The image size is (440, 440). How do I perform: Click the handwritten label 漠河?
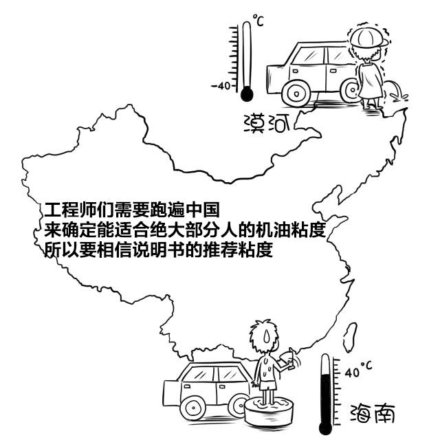tap(267, 124)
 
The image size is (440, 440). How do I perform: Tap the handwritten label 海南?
tap(373, 413)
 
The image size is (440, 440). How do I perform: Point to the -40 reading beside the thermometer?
tap(221, 85)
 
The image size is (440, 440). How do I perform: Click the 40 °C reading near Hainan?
tap(358, 370)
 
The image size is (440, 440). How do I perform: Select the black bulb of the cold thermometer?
tap(247, 93)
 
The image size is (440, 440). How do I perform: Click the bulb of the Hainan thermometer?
tap(325, 428)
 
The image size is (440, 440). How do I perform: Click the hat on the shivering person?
tap(368, 37)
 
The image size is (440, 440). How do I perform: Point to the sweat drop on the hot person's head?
tap(266, 335)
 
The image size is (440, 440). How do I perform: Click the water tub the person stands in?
tap(269, 410)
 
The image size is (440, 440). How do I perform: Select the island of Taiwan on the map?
tap(350, 337)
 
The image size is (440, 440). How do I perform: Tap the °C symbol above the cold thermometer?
tap(258, 20)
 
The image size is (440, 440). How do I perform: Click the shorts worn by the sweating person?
tap(267, 385)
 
